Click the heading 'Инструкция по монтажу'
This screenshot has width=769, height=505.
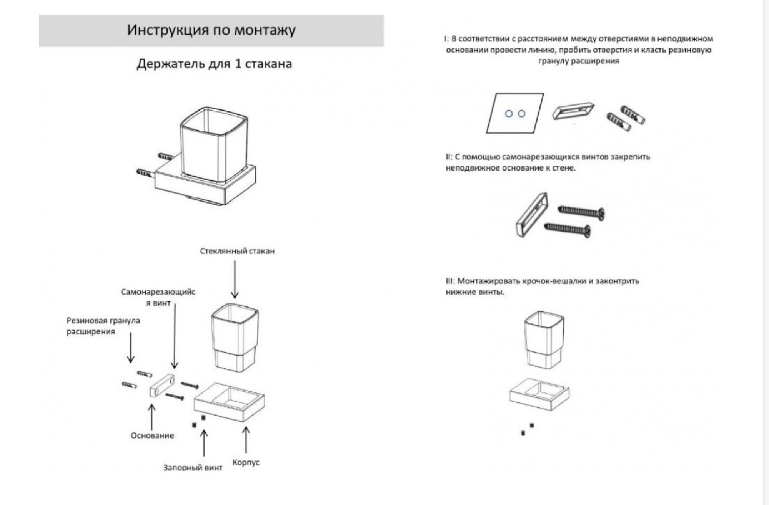click(211, 30)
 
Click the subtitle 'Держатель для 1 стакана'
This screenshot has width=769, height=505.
click(214, 63)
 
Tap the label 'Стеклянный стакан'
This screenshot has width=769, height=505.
click(237, 251)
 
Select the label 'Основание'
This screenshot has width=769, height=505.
click(152, 435)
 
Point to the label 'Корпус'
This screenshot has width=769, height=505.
click(246, 462)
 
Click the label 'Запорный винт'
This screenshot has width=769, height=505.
click(193, 468)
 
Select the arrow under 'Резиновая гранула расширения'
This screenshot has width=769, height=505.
click(131, 348)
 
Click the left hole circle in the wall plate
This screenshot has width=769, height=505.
click(509, 114)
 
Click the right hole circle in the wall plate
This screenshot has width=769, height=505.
click(521, 113)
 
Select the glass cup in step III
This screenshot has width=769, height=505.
click(544, 341)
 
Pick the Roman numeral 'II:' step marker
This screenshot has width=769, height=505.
click(449, 157)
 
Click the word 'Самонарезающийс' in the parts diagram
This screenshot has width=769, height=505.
click(158, 292)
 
